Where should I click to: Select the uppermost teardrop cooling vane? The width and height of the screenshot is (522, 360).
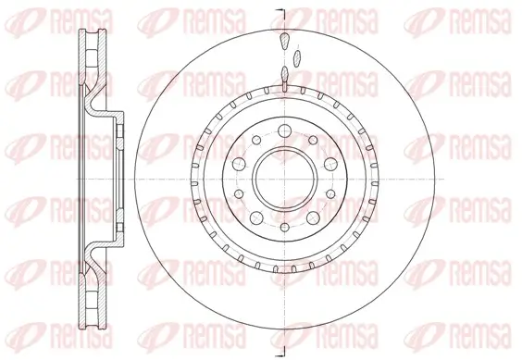(284, 42)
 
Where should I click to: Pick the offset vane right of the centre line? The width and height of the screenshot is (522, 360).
(296, 57)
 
